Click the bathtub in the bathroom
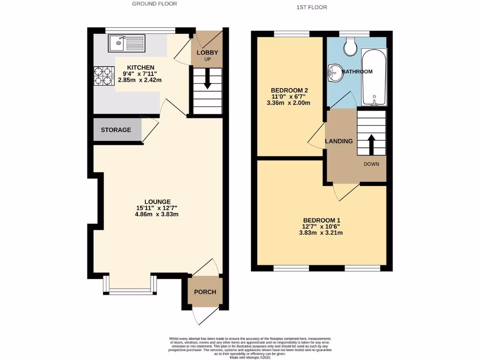[x=374, y=77]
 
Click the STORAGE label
[x=116, y=130]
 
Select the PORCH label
[x=205, y=292]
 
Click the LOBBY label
[x=207, y=52]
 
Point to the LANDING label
[x=339, y=141]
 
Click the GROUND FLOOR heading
[x=154, y=4]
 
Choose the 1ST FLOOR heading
[x=312, y=7]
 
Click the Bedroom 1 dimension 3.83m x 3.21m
[x=321, y=232]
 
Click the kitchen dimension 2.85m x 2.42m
[x=140, y=80]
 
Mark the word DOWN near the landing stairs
[x=371, y=164]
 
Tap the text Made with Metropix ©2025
[x=250, y=358]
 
